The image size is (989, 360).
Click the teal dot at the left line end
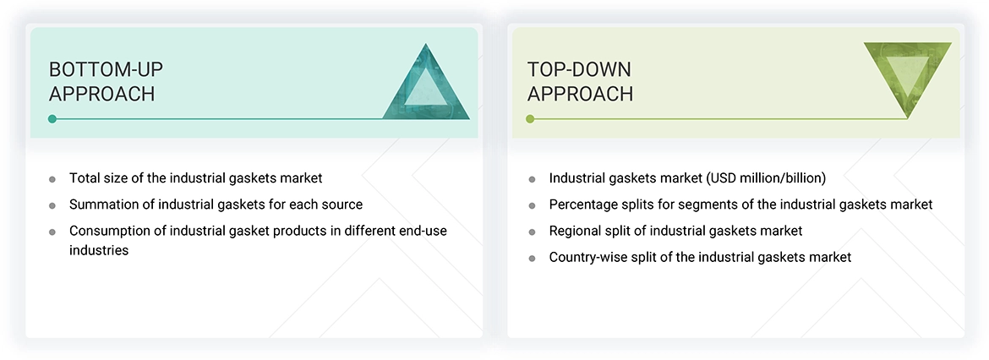52,119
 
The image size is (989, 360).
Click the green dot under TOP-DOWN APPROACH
530,119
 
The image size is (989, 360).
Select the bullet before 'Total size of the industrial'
52,179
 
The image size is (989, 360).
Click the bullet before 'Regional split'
532,232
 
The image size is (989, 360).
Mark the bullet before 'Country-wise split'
532,258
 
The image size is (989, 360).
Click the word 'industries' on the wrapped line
99,250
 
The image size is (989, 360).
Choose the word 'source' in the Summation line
342,205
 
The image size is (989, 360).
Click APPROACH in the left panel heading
102,94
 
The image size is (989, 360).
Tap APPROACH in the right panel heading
581,94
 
